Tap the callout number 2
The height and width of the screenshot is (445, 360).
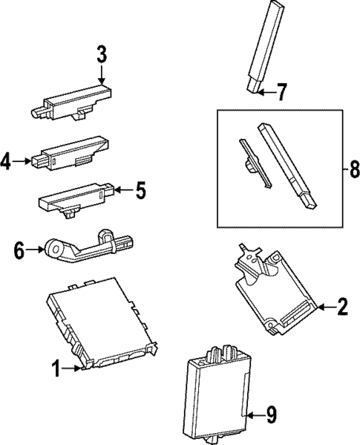342,307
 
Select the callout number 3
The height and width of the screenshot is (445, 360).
102,54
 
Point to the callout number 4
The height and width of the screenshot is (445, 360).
6,160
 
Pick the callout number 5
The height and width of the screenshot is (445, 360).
140,191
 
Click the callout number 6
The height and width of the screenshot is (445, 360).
19,251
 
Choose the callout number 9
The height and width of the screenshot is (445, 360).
272,415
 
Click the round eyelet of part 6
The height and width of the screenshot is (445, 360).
54,247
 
